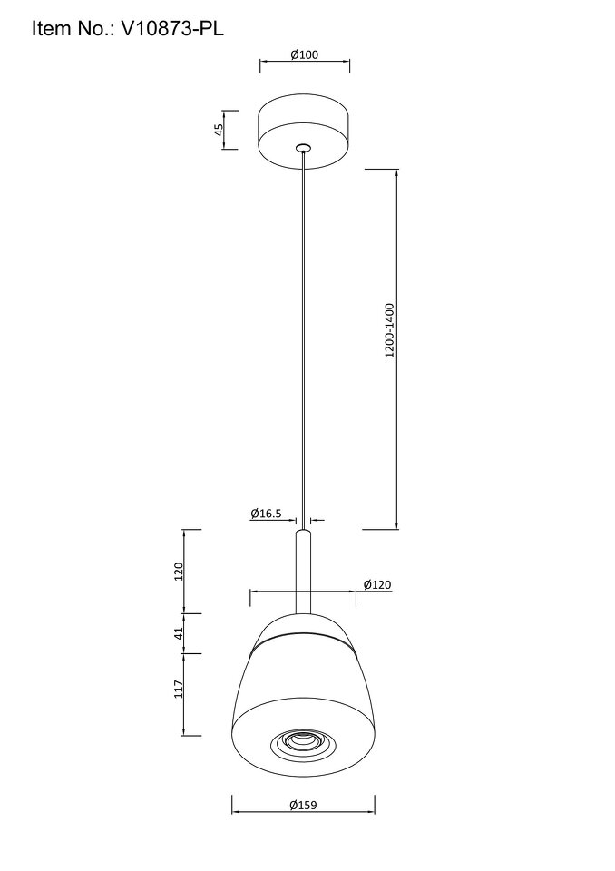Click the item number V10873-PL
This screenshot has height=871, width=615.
pyautogui.click(x=172, y=28)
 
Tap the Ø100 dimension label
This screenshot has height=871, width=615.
pyautogui.click(x=305, y=54)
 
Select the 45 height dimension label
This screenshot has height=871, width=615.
pyautogui.click(x=219, y=130)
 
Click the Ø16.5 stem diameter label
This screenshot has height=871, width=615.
pyautogui.click(x=266, y=514)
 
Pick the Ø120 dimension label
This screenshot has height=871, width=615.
pyautogui.click(x=377, y=584)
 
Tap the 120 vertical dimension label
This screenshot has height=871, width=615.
pyautogui.click(x=179, y=571)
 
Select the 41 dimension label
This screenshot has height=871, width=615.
pyautogui.click(x=179, y=633)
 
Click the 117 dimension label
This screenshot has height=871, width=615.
pyautogui.click(x=179, y=689)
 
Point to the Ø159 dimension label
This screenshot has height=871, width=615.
pyautogui.click(x=303, y=805)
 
